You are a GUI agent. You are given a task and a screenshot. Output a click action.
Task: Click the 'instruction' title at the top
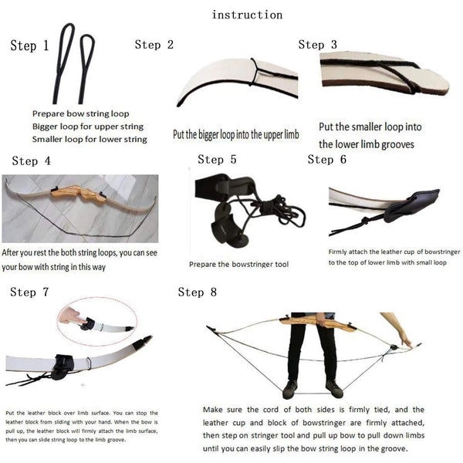pos(247,15)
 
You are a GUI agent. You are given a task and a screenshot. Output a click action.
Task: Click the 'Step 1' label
pos(29,46)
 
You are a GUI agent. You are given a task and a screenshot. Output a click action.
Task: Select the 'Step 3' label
pos(317,45)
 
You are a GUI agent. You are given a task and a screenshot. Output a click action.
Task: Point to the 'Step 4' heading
pos(31,161)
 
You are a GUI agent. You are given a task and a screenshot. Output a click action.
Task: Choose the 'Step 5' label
pos(217,160)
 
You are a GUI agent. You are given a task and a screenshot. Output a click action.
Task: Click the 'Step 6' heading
pos(326,160)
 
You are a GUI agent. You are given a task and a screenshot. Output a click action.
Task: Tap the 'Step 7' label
pos(29,292)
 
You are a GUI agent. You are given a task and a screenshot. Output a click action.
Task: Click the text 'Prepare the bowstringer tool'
pos(238,265)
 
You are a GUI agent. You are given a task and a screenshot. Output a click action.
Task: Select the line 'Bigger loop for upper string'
pos(88,126)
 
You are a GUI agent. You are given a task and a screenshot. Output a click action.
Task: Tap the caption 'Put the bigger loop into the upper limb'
pos(235,136)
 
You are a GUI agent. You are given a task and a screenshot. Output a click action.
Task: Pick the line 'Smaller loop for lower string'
pos(90,139)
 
